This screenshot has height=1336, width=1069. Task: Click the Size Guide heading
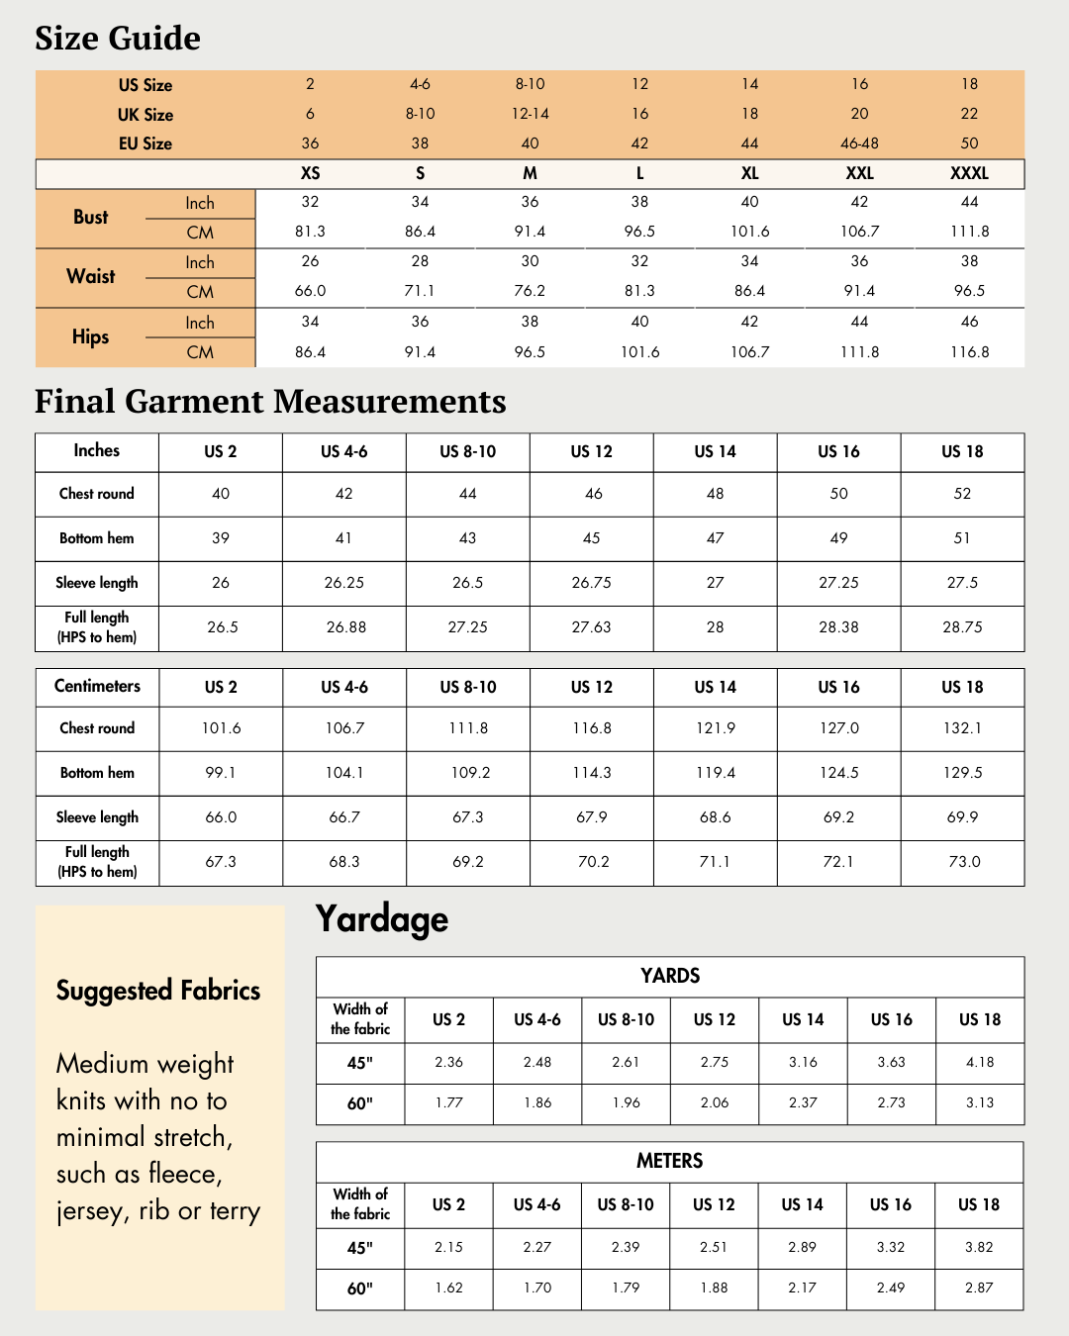click(118, 39)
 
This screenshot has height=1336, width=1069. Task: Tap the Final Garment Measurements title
click(270, 402)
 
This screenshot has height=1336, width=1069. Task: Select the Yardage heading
click(382, 919)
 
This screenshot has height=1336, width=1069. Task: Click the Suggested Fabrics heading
click(158, 991)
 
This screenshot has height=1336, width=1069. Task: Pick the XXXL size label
click(969, 173)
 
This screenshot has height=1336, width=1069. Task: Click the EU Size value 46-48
click(859, 143)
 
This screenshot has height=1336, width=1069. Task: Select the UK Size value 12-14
click(530, 114)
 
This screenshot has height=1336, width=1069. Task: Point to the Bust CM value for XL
click(749, 232)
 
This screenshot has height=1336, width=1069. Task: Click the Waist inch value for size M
click(530, 261)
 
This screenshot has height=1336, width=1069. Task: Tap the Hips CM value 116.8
click(969, 352)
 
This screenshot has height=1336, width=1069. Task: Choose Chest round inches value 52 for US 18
click(962, 494)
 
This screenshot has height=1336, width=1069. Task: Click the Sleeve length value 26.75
click(591, 583)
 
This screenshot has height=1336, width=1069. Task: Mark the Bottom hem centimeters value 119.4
click(715, 773)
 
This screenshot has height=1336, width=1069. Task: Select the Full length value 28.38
click(838, 627)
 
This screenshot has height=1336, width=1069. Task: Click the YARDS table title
click(670, 976)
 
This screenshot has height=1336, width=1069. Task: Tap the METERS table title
click(670, 1161)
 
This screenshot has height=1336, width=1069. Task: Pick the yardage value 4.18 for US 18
click(980, 1062)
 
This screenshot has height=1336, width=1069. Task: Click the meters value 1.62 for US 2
click(448, 1288)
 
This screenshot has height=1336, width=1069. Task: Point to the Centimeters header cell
click(97, 687)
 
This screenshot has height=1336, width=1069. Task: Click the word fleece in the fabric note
click(183, 1175)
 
